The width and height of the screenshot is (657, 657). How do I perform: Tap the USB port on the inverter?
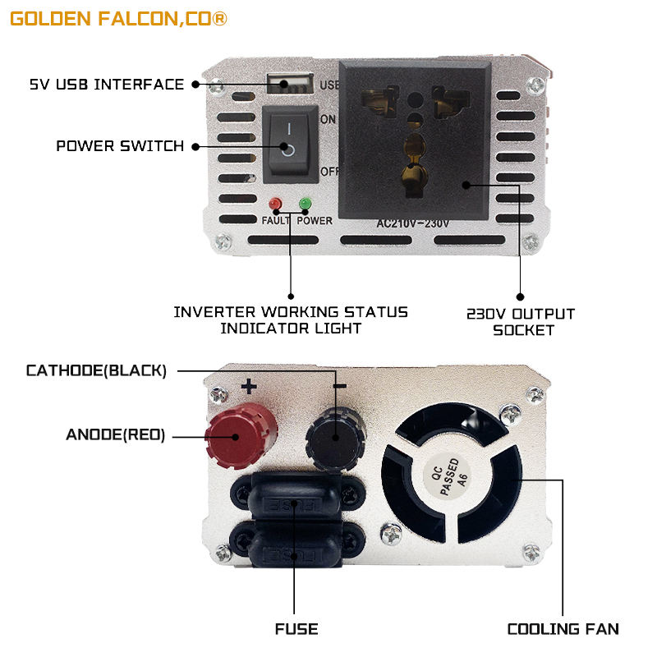(x=289, y=82)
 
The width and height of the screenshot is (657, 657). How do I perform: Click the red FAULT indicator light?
(x=275, y=204)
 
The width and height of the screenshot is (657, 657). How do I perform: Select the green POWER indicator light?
(x=306, y=204)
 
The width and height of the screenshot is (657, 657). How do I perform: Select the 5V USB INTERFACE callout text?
(x=107, y=85)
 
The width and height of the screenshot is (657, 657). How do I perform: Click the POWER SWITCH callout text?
(x=120, y=146)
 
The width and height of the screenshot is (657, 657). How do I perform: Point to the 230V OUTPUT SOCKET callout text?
(x=521, y=322)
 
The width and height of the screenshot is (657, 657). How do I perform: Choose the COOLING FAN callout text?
(x=563, y=630)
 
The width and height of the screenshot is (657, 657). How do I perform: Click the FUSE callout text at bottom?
(x=296, y=630)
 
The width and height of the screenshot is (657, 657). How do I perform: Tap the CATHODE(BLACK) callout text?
(x=96, y=370)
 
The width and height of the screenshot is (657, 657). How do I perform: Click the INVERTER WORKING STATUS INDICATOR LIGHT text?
(x=291, y=320)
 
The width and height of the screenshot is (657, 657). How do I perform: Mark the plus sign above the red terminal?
(x=249, y=386)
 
